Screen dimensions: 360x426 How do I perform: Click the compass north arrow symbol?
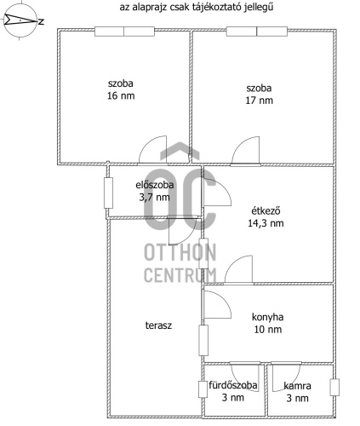20,20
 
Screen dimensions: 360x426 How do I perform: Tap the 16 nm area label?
121,95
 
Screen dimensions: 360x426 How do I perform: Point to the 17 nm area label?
259,101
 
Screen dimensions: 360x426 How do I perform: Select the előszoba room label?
155,185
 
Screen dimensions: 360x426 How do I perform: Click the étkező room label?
266,211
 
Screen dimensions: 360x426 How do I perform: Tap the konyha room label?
267,317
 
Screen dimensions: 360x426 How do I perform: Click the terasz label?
158,325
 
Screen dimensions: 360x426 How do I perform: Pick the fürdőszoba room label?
233,385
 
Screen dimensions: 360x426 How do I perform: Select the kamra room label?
297,386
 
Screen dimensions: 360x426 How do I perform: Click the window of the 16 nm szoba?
124,32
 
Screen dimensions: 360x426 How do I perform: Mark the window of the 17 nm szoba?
257,32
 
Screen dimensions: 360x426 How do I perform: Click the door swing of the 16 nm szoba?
152,150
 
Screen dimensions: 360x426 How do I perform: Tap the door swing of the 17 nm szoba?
245,151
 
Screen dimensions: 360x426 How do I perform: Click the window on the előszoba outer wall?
108,193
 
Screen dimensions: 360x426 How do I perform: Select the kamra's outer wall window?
334,387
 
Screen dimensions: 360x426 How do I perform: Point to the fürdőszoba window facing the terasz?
203,389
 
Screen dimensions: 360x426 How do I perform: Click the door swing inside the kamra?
286,377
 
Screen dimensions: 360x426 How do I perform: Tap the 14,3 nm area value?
266,223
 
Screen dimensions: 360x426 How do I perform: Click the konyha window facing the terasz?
203,340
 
